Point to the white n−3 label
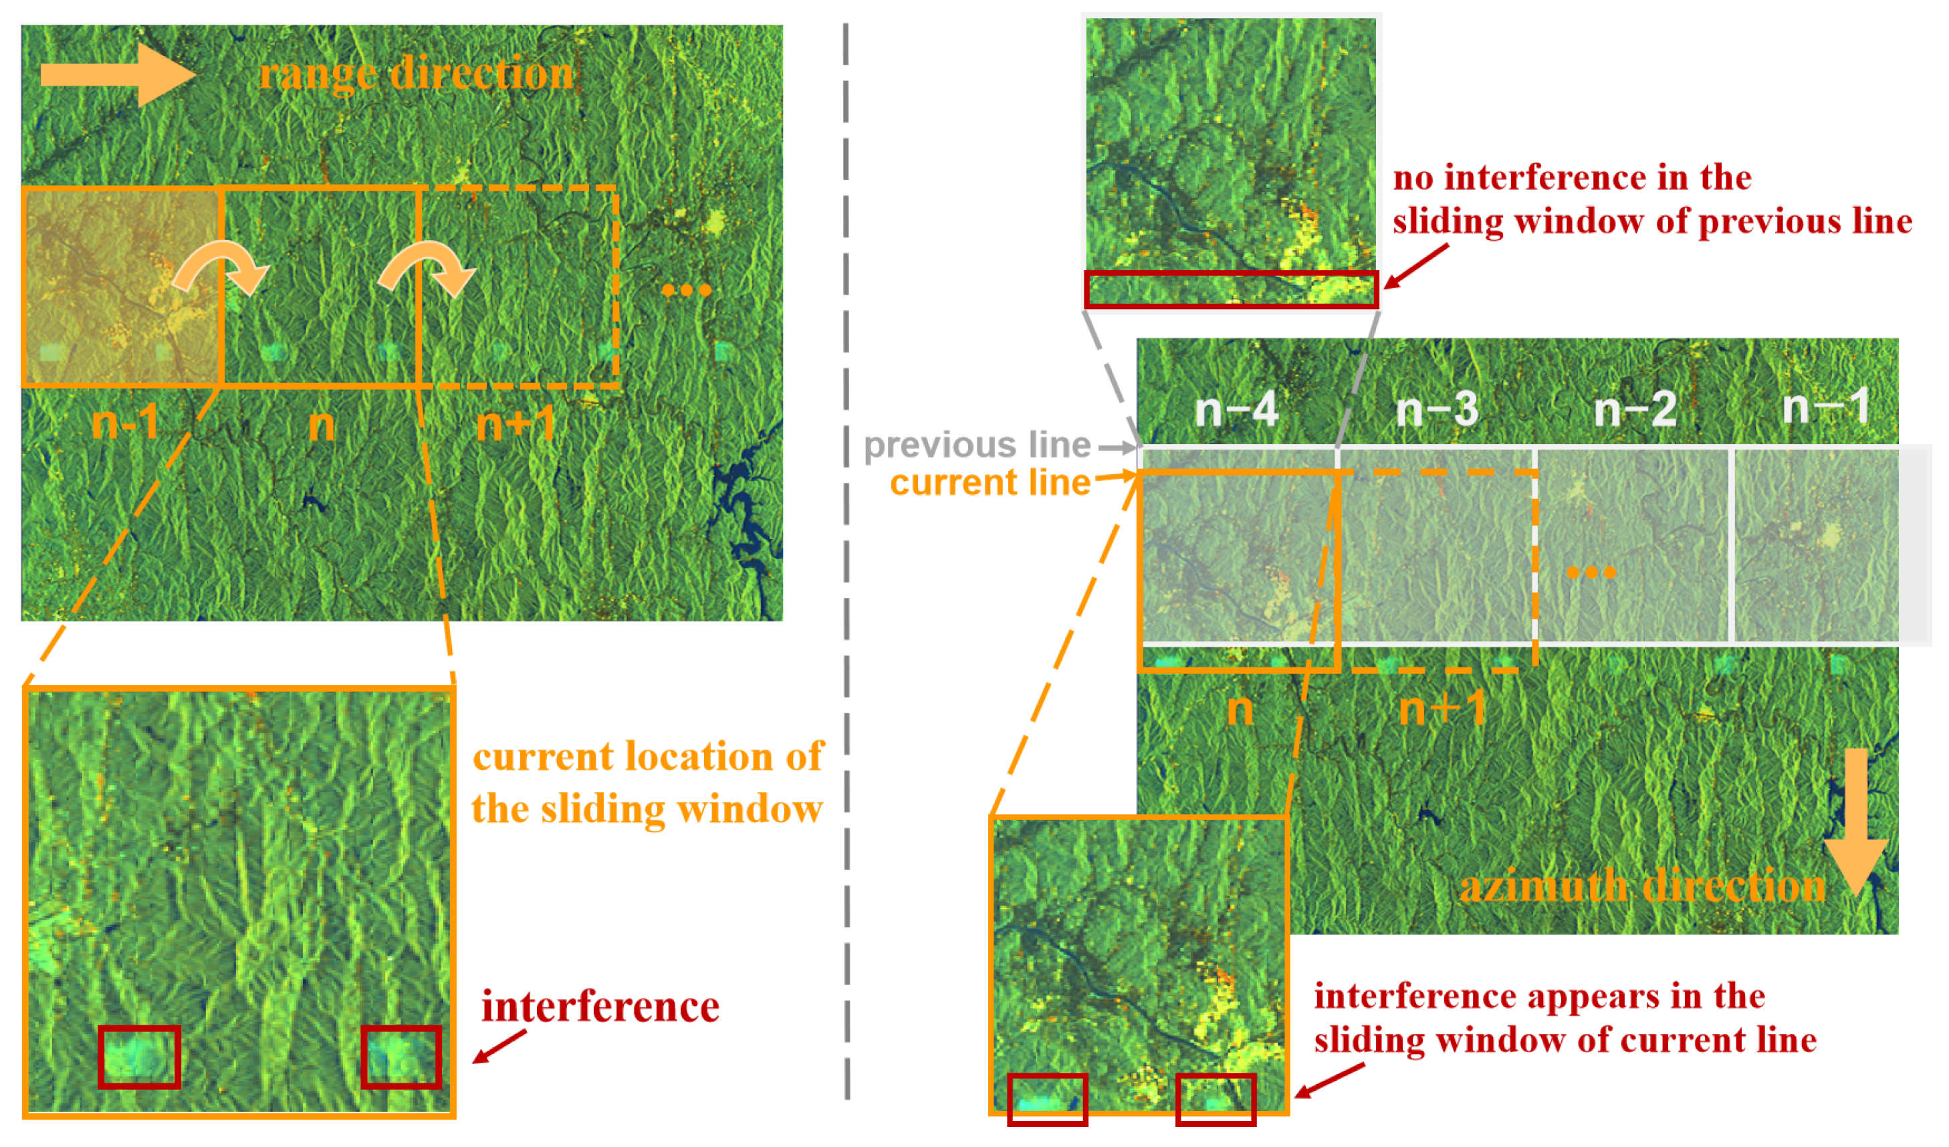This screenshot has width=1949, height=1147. (x=1437, y=409)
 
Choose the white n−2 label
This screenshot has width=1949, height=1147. (x=1636, y=409)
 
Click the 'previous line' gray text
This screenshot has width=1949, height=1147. (x=977, y=445)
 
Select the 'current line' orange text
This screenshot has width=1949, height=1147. (x=990, y=483)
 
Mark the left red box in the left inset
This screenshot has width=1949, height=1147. (x=139, y=1057)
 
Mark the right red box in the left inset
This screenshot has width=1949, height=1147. (x=401, y=1057)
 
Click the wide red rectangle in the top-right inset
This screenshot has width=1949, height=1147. (x=1232, y=290)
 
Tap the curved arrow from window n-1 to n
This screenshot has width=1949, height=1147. (x=223, y=267)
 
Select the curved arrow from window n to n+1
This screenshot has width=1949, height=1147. (x=428, y=267)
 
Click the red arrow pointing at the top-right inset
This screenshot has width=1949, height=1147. (x=1415, y=266)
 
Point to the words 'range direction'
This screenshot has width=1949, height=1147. (x=416, y=74)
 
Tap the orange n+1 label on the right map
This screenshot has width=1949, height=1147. (x=1442, y=708)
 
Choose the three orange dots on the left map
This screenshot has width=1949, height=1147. (x=686, y=291)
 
